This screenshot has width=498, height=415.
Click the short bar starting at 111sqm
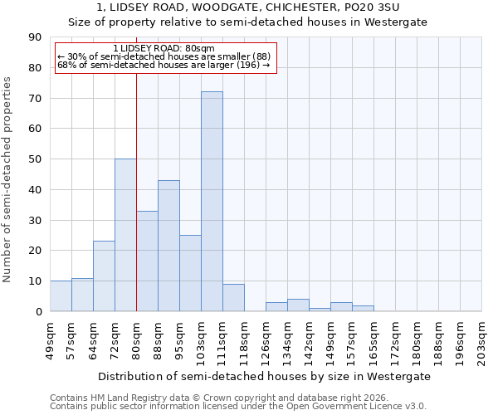(233, 298)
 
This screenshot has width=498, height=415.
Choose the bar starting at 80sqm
(147, 261)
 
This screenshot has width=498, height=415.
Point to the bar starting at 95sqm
(190, 273)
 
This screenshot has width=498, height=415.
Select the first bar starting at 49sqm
(61, 296)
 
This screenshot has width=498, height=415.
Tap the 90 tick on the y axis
(36, 37)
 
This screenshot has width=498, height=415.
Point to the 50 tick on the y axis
(36, 159)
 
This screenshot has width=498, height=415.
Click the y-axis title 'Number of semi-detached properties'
(8, 179)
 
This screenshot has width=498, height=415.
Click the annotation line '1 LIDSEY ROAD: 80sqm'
(164, 48)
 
